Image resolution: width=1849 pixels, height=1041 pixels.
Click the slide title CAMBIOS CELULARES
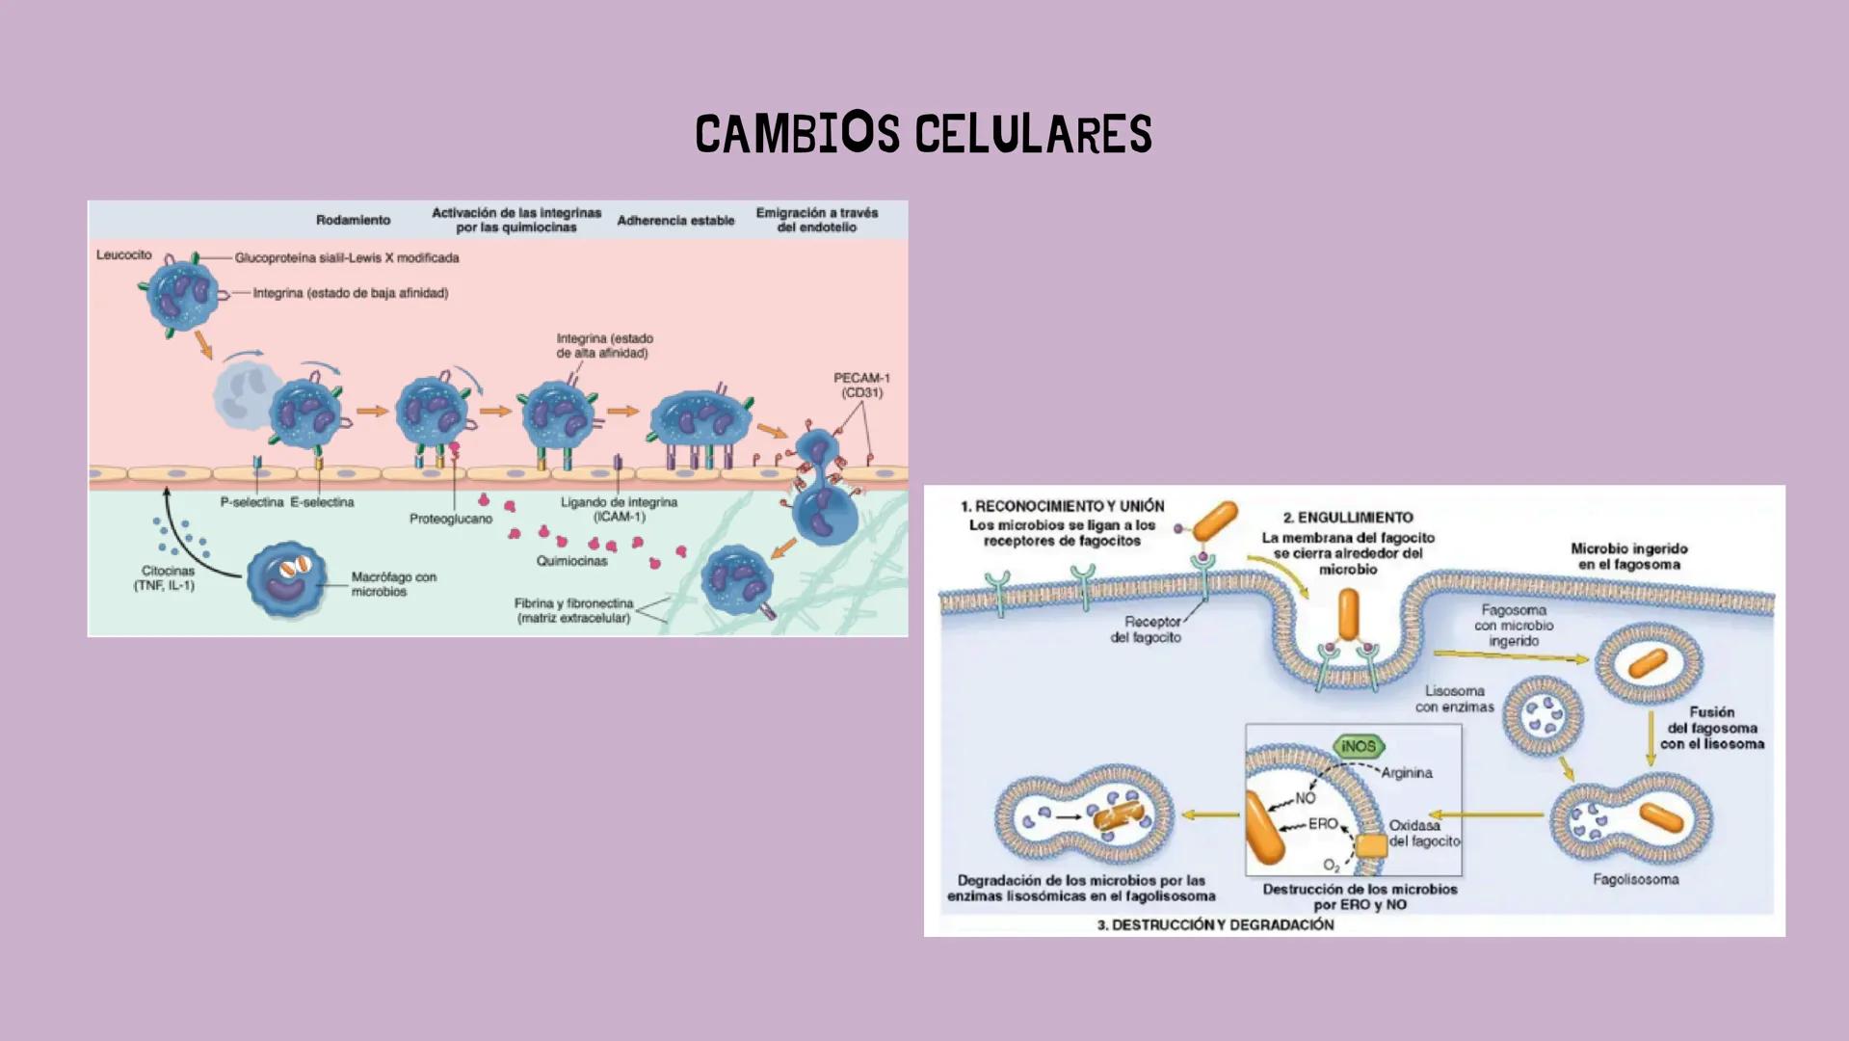923,134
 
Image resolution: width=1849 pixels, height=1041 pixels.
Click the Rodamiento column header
353,221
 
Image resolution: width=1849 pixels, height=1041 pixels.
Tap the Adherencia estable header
675,221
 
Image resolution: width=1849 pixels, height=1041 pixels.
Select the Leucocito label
123,255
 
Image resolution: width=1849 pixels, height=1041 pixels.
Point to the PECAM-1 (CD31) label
861,386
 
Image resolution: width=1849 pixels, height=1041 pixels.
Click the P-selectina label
251,502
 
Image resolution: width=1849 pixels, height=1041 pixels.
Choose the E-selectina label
322,502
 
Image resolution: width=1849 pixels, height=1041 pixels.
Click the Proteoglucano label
450,519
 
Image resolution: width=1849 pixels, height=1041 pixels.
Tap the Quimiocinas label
571,561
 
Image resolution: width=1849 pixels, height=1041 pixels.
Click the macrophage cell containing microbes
286,579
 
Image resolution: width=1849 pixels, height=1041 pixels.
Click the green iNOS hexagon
1359,746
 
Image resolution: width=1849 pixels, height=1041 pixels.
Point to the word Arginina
1406,773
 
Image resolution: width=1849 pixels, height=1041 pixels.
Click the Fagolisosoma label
1635,879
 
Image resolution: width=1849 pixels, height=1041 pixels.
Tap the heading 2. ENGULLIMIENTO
1348,518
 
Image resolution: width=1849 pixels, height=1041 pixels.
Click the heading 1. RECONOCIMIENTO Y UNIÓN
1062,506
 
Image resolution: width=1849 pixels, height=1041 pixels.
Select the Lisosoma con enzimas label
1454,699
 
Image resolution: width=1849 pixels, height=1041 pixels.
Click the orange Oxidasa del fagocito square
1371,846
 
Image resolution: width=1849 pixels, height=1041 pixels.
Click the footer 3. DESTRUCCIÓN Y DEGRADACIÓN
1215,924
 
